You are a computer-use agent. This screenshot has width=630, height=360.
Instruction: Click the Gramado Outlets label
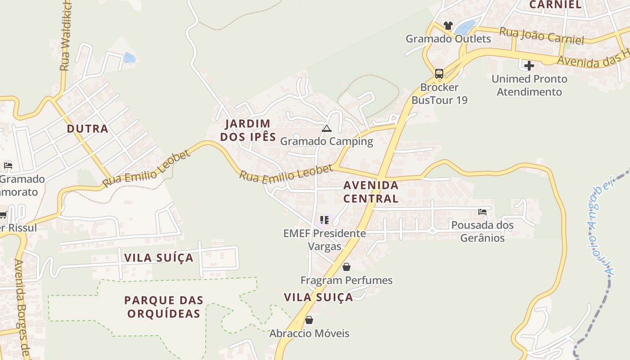click(448, 39)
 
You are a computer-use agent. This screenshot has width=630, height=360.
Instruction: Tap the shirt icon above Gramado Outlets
click(448, 26)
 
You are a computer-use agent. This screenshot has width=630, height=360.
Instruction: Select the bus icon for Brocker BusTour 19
click(439, 73)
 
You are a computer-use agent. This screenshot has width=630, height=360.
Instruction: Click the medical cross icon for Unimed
click(529, 66)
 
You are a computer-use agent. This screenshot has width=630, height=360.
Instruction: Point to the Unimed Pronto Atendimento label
click(529, 85)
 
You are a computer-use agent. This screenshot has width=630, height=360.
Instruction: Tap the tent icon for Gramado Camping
click(327, 129)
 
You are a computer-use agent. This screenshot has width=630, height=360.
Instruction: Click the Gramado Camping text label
click(327, 141)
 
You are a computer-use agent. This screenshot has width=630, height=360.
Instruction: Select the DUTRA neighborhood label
click(88, 129)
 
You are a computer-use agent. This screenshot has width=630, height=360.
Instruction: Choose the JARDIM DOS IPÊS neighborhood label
click(248, 130)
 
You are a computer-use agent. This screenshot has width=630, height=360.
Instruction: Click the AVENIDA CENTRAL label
click(371, 192)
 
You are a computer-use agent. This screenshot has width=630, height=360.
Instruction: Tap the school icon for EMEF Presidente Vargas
click(324, 220)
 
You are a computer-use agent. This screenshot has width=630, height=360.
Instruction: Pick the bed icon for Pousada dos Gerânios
click(482, 212)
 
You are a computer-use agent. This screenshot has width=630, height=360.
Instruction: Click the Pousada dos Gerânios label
click(482, 231)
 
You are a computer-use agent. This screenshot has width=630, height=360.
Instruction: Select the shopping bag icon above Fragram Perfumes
click(346, 267)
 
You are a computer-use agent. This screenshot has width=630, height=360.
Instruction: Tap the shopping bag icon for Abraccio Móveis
click(309, 320)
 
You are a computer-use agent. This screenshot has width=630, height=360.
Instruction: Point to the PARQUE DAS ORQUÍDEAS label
click(164, 306)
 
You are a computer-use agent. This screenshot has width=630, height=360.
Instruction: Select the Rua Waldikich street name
click(65, 36)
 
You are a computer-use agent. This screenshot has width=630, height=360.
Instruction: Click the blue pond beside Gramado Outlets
click(465, 28)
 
